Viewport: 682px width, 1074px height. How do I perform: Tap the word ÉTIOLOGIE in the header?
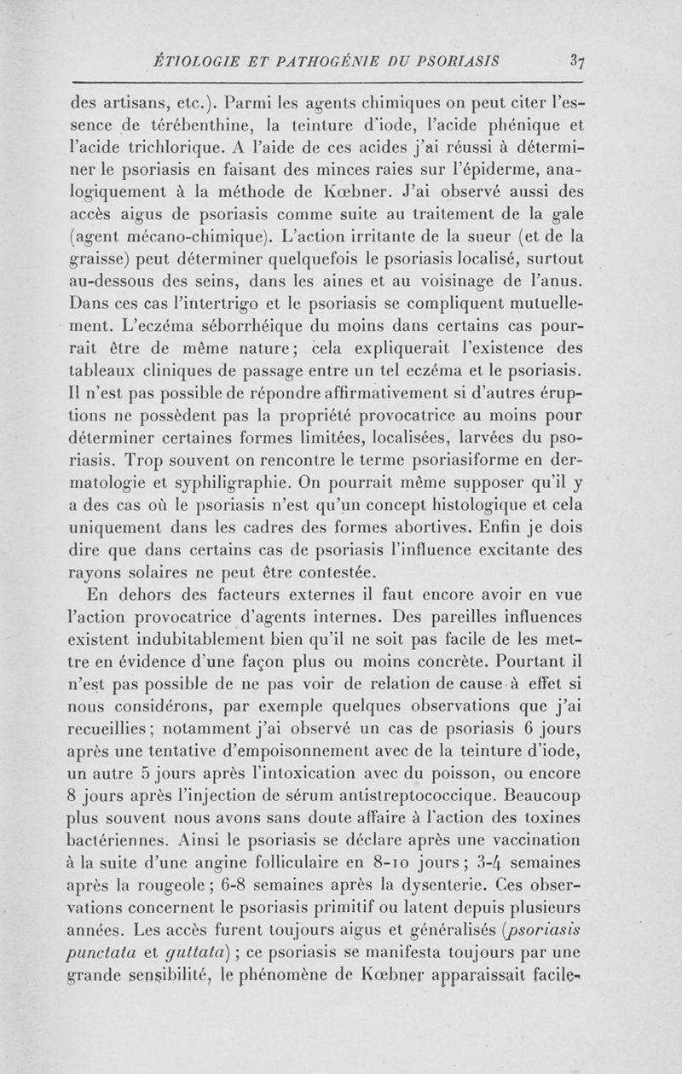click(195, 61)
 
